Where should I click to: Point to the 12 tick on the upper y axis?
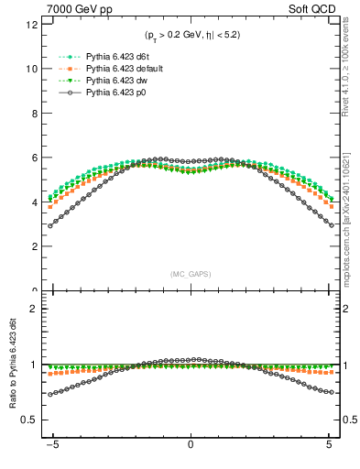tap(32, 25)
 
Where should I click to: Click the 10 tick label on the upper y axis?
tap(32, 69)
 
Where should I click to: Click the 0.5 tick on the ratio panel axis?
tap(30, 420)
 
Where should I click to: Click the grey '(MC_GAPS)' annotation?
tap(190, 274)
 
